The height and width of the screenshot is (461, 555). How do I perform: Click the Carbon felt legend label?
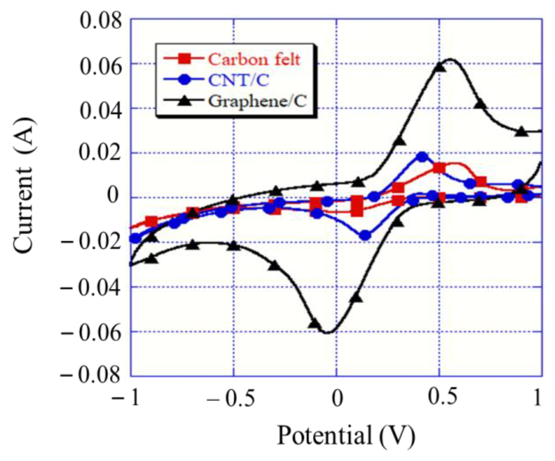[254, 60]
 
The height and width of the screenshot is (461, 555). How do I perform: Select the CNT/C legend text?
[239, 80]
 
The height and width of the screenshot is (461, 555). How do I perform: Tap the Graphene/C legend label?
[258, 101]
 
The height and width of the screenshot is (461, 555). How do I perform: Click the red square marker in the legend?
[185, 59]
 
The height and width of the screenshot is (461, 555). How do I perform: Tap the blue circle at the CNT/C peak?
[422, 157]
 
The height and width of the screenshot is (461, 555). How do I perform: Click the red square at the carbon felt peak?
[439, 168]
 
